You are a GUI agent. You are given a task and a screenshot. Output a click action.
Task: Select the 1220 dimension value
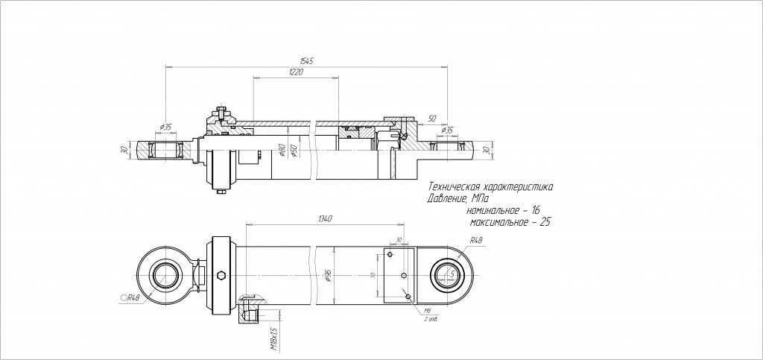pyautogui.click(x=295, y=72)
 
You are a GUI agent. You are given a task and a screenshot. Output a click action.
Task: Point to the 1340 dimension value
pyautogui.click(x=324, y=218)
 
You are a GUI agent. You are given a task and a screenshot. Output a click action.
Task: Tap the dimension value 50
pyautogui.click(x=433, y=118)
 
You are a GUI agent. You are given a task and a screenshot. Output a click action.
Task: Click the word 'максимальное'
pyautogui.click(x=497, y=223)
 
